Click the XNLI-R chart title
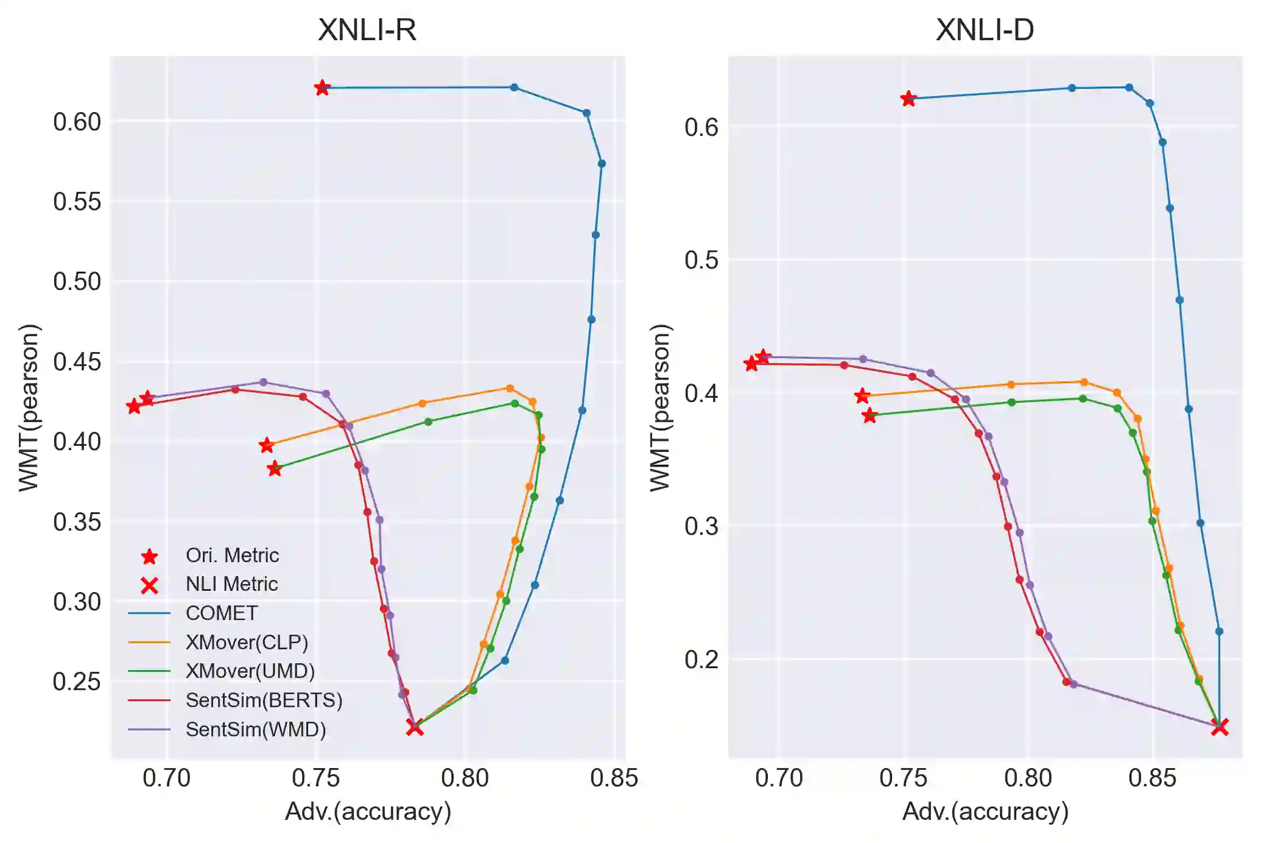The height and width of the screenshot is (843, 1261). click(367, 29)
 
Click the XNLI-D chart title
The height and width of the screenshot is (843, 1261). click(985, 29)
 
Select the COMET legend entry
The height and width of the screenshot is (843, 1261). click(221, 613)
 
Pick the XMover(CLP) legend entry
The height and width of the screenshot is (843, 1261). click(247, 642)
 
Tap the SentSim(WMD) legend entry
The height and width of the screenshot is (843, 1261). click(256, 729)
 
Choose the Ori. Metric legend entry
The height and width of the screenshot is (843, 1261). click(232, 555)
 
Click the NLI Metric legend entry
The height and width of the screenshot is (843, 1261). click(231, 584)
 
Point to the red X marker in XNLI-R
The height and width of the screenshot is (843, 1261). click(415, 727)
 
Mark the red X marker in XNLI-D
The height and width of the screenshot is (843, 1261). click(1219, 727)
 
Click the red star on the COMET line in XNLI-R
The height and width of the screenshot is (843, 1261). click(322, 88)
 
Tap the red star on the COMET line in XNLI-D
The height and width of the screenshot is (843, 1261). click(908, 98)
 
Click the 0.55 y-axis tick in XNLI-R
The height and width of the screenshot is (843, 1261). click(77, 202)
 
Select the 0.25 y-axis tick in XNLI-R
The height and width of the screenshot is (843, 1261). click(77, 682)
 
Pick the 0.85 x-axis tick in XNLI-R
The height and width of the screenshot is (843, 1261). click(614, 778)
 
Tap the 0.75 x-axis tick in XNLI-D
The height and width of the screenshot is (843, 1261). click(904, 778)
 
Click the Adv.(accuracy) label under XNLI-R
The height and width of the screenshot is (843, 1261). click(368, 811)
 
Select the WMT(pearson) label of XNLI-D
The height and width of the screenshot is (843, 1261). click(660, 407)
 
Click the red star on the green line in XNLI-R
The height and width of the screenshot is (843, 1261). click(275, 468)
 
